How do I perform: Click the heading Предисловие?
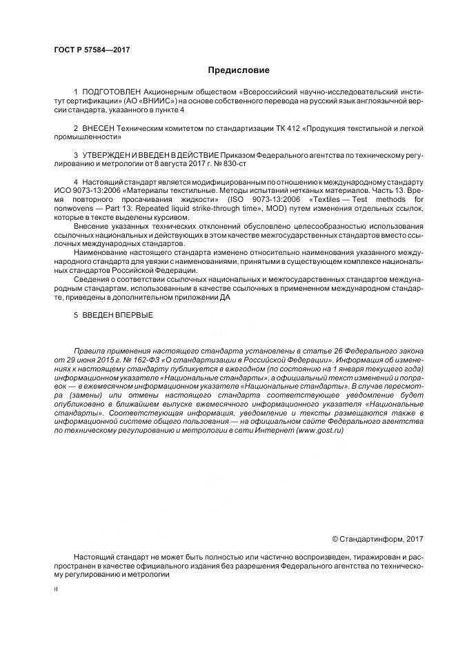click(x=239, y=70)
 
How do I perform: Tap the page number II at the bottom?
click(x=57, y=591)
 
